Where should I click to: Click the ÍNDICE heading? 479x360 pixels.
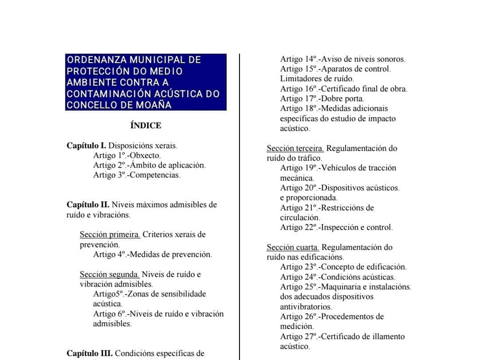[146, 125]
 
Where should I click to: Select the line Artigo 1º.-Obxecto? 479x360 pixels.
[127, 155]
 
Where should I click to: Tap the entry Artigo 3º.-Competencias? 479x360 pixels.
[137, 175]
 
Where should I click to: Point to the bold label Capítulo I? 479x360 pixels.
[87, 146]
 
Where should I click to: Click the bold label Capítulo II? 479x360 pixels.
[88, 205]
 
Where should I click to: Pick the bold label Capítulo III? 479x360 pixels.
[89, 353]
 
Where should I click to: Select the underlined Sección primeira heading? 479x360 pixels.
[110, 234]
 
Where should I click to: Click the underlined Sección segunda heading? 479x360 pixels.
[109, 274]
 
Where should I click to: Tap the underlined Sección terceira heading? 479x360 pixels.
[296, 148]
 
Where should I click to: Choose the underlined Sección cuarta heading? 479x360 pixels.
[293, 247]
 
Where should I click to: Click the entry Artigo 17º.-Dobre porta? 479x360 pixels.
[322, 98]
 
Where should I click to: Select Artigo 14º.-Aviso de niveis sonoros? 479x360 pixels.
[342, 59]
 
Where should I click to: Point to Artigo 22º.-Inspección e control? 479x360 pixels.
[336, 227]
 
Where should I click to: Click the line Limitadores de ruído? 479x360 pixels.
[317, 79]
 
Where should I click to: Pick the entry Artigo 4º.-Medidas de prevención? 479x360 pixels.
[152, 254]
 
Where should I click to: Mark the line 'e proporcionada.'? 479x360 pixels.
[309, 198]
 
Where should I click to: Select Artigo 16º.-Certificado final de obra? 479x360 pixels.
[343, 88]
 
